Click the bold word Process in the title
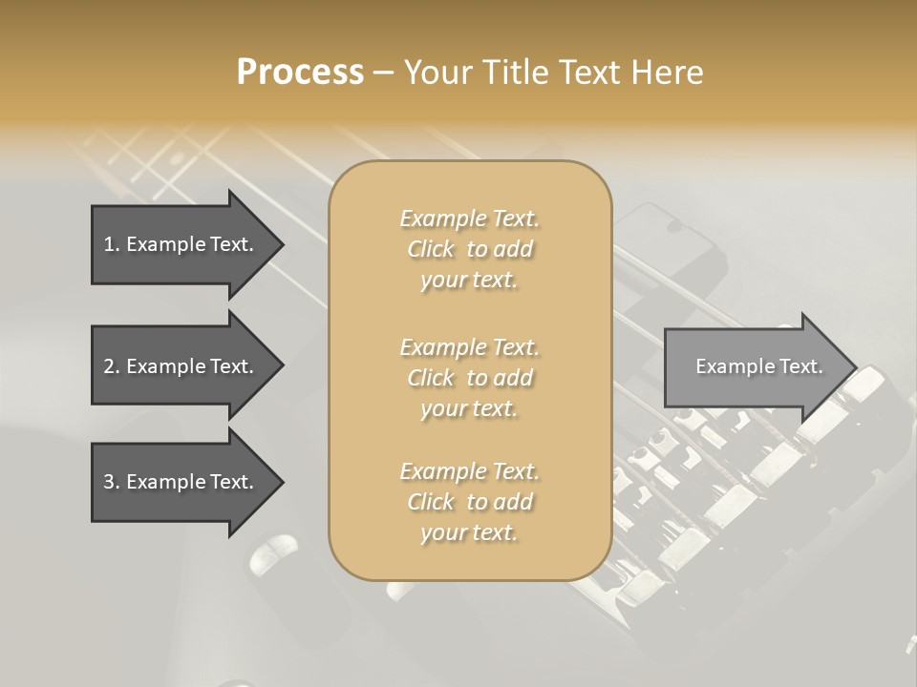coord(300,73)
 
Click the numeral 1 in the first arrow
coord(109,244)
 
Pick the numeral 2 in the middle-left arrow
coord(109,366)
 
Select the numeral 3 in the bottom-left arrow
coord(109,482)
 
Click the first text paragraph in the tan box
coord(469,249)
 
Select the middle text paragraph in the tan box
coord(469,377)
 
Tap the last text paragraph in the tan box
coord(469,502)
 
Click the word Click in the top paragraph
coord(431,249)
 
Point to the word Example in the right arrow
coord(729,366)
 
